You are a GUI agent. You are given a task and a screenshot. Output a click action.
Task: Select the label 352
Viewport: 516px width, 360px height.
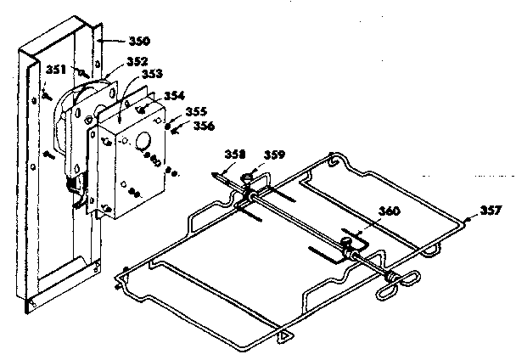136,61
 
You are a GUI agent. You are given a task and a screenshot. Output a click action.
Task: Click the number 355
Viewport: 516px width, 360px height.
195,111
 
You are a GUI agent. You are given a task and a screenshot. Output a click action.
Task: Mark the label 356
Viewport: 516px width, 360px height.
203,126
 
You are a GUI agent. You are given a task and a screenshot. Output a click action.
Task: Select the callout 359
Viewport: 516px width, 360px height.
272,155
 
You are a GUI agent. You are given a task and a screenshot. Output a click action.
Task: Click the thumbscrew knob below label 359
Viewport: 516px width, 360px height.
249,179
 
